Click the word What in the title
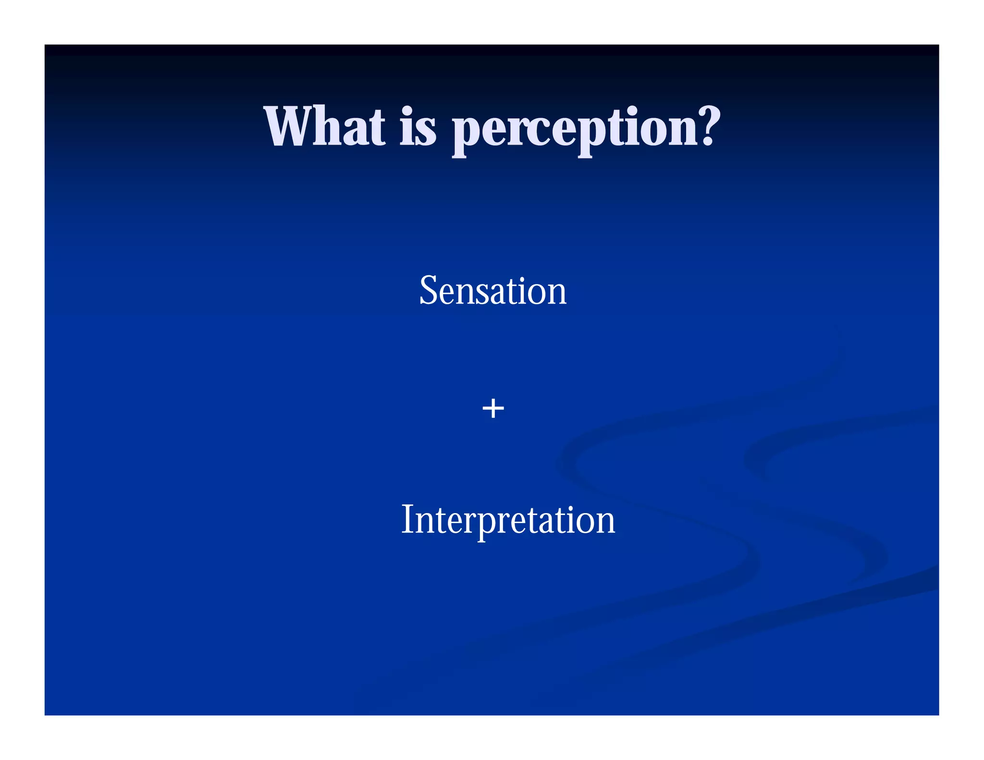[324, 127]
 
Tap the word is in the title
[418, 127]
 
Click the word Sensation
[493, 291]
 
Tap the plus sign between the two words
[493, 409]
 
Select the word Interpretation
[508, 520]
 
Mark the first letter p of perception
[467, 135]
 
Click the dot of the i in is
[406, 110]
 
